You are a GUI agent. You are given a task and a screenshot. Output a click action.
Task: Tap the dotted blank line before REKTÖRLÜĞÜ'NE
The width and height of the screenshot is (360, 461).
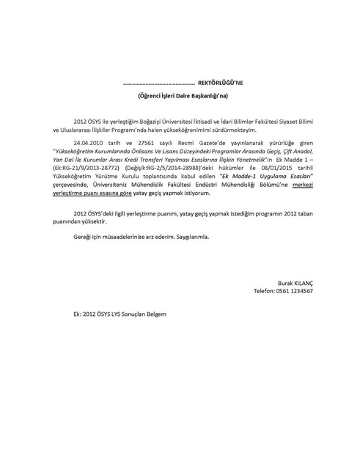coord(159,85)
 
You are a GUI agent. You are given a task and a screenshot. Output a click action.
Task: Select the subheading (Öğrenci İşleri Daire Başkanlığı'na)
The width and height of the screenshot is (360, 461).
coord(180,96)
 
